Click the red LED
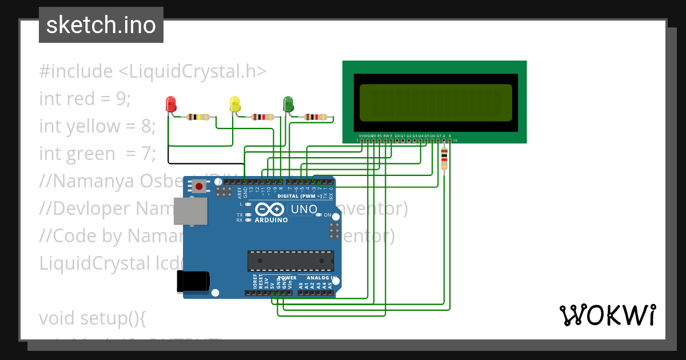pyautogui.click(x=170, y=104)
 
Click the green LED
pyautogui.click(x=288, y=104)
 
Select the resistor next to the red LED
pyautogui.click(x=198, y=117)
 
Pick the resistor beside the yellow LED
pyautogui.click(x=262, y=117)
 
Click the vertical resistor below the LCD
pyautogui.click(x=444, y=158)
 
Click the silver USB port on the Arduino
pyautogui.click(x=190, y=211)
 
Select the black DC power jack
pyautogui.click(x=193, y=281)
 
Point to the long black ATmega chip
pyautogui.click(x=290, y=261)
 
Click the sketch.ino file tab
pyautogui.click(x=101, y=25)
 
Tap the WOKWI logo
pyautogui.click(x=607, y=315)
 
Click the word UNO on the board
pyautogui.click(x=304, y=209)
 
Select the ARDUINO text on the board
pyautogui.click(x=271, y=220)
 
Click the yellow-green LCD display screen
pyautogui.click(x=436, y=103)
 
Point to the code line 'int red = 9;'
pyautogui.click(x=85, y=99)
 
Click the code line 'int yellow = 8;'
pyautogui.click(x=97, y=126)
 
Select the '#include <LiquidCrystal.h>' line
pyautogui.click(x=153, y=71)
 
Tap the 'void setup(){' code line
pyautogui.click(x=93, y=318)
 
